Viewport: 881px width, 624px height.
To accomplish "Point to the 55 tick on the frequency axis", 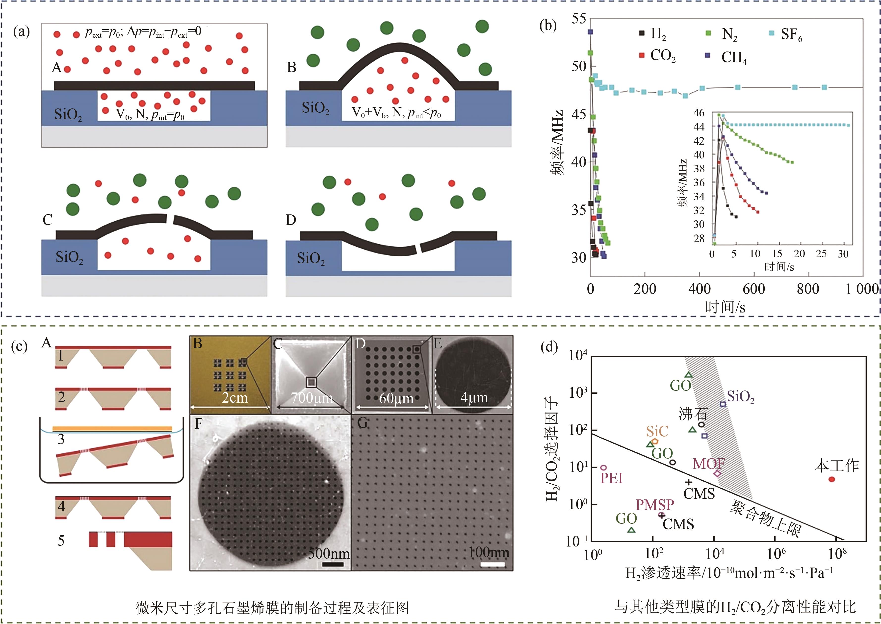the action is point(579,18).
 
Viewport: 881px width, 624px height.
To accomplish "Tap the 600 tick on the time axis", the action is point(753,288).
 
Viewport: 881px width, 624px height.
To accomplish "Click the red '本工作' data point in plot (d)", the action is point(831,479).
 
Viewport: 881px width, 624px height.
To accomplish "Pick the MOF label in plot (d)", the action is point(709,464).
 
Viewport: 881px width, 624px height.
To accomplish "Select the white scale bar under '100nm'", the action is point(492,564).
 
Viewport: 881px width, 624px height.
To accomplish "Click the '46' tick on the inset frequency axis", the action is point(699,113).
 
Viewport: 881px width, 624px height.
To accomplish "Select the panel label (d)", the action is point(549,347).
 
